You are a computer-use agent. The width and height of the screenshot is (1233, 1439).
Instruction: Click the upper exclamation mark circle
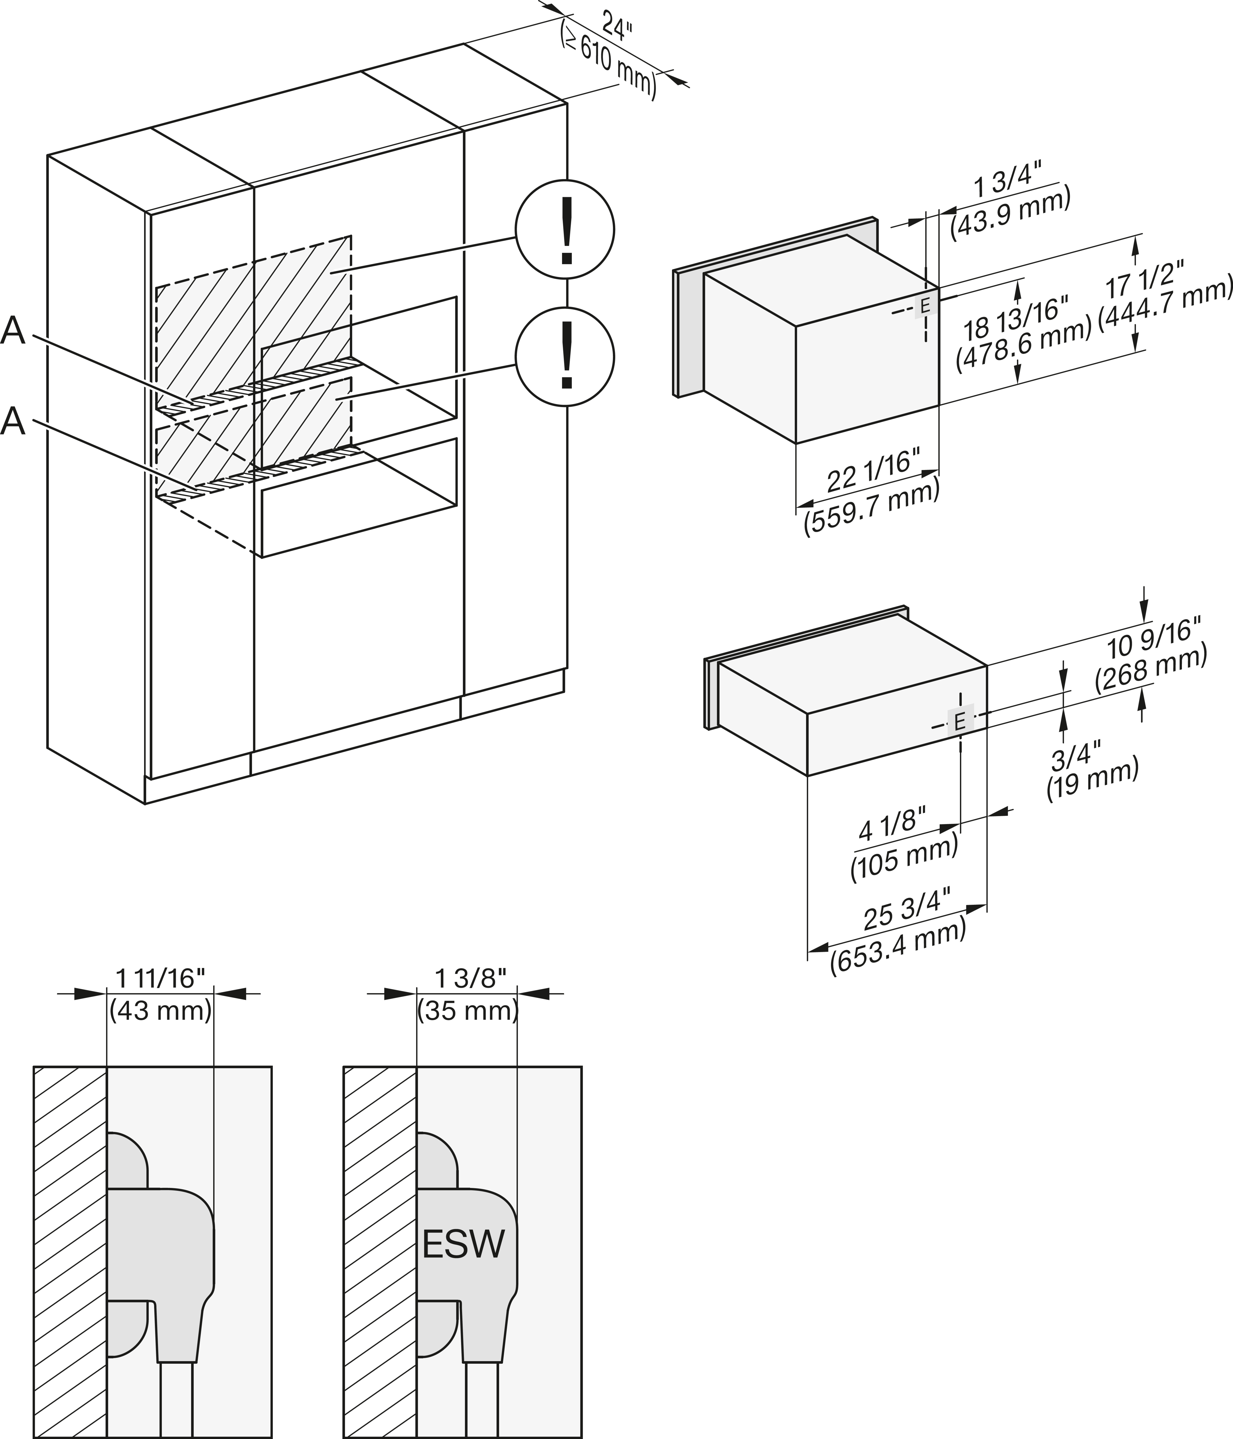tap(564, 229)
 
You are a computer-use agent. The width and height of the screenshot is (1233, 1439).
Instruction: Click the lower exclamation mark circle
tap(564, 357)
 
